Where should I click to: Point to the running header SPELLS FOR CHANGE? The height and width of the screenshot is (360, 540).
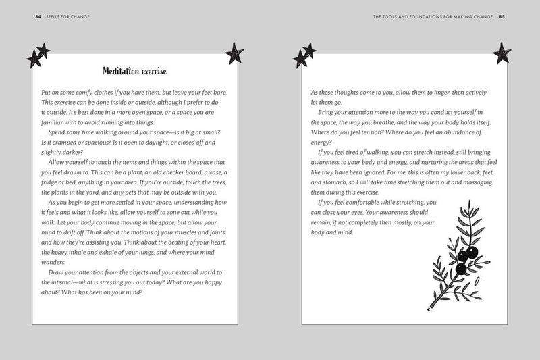(57, 17)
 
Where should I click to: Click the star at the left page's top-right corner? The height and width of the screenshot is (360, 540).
(234, 51)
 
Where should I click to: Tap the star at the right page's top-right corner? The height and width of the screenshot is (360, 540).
(502, 51)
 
